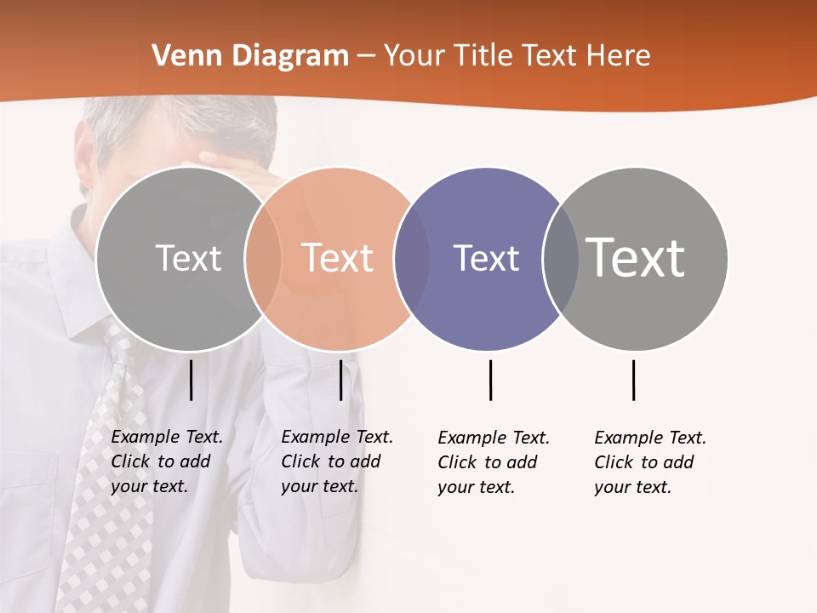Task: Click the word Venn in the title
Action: click(x=180, y=56)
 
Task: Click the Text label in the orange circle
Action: click(x=338, y=258)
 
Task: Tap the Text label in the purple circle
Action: click(x=486, y=259)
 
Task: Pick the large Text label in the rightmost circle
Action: click(x=636, y=258)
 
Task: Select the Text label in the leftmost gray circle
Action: click(x=188, y=258)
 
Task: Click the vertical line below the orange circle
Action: click(x=340, y=380)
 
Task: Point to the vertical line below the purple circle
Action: click(x=490, y=380)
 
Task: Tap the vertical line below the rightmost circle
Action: click(x=633, y=380)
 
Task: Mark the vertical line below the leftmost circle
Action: click(x=191, y=380)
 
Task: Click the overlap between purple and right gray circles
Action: click(x=561, y=259)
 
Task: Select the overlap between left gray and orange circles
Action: click(x=263, y=259)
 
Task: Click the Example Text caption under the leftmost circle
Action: click(x=166, y=461)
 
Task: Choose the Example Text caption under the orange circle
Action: click(x=336, y=461)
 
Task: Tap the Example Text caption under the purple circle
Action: click(x=493, y=462)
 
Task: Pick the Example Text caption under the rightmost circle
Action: click(x=649, y=462)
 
